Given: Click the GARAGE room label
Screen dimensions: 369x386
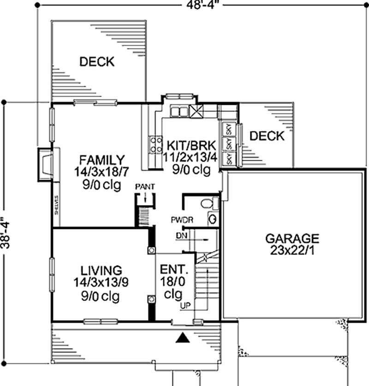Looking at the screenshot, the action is (292, 239).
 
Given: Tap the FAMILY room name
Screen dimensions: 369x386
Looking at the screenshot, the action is (102, 160).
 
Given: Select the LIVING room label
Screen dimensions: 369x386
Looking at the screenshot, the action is (101, 270).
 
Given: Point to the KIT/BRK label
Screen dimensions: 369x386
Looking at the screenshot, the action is (191, 146).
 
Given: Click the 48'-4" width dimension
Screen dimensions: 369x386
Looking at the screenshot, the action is (201, 5).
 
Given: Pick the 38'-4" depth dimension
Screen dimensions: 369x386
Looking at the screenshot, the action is (6, 233).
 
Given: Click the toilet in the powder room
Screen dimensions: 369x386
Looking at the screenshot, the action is (209, 203).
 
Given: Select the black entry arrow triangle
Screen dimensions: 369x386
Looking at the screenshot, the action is (183, 338).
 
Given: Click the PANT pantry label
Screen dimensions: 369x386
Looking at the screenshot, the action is (145, 187).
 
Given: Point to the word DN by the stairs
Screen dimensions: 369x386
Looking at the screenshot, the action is (182, 235).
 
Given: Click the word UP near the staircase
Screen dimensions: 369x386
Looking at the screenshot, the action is (185, 306).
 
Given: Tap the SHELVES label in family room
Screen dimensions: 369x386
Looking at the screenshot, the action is (56, 205).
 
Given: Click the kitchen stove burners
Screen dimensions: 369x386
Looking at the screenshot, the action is (155, 145).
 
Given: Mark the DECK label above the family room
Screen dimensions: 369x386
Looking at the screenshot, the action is (97, 61).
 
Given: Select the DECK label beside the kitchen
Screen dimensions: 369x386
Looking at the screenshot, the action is (267, 136).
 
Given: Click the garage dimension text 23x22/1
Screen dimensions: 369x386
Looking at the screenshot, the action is (292, 251).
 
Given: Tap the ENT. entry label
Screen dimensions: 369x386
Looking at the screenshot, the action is (174, 269).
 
